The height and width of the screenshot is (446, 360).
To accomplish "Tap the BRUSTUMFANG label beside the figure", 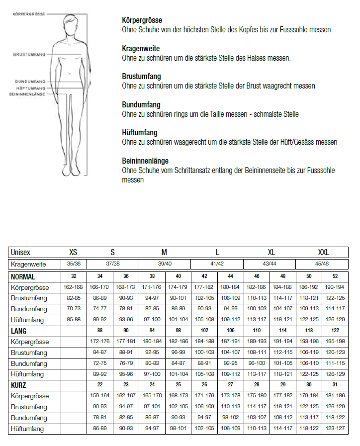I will (29, 54).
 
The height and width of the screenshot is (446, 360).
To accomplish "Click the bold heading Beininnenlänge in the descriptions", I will (145, 161).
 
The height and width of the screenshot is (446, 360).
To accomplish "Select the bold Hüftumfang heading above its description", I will (140, 133).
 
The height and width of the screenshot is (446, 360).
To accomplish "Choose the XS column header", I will (74, 252).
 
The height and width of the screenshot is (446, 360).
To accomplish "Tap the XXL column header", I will (324, 252).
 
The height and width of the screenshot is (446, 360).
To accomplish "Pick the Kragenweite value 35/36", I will (74, 264).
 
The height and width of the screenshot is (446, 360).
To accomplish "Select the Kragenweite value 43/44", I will (270, 264).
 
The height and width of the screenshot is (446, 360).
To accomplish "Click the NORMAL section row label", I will (23, 276).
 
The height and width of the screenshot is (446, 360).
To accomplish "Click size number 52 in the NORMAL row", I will (335, 276).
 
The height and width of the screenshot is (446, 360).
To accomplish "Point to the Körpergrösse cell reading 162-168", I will (74, 287).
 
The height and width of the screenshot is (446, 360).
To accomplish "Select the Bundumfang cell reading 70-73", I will (74, 309).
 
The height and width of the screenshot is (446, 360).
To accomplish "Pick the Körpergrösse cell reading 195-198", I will (335, 342).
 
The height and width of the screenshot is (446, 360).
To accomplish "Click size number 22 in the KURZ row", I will (99, 385).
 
